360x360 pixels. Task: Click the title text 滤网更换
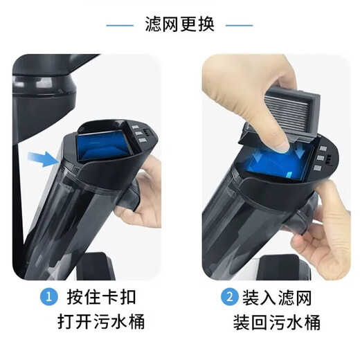(180, 25)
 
